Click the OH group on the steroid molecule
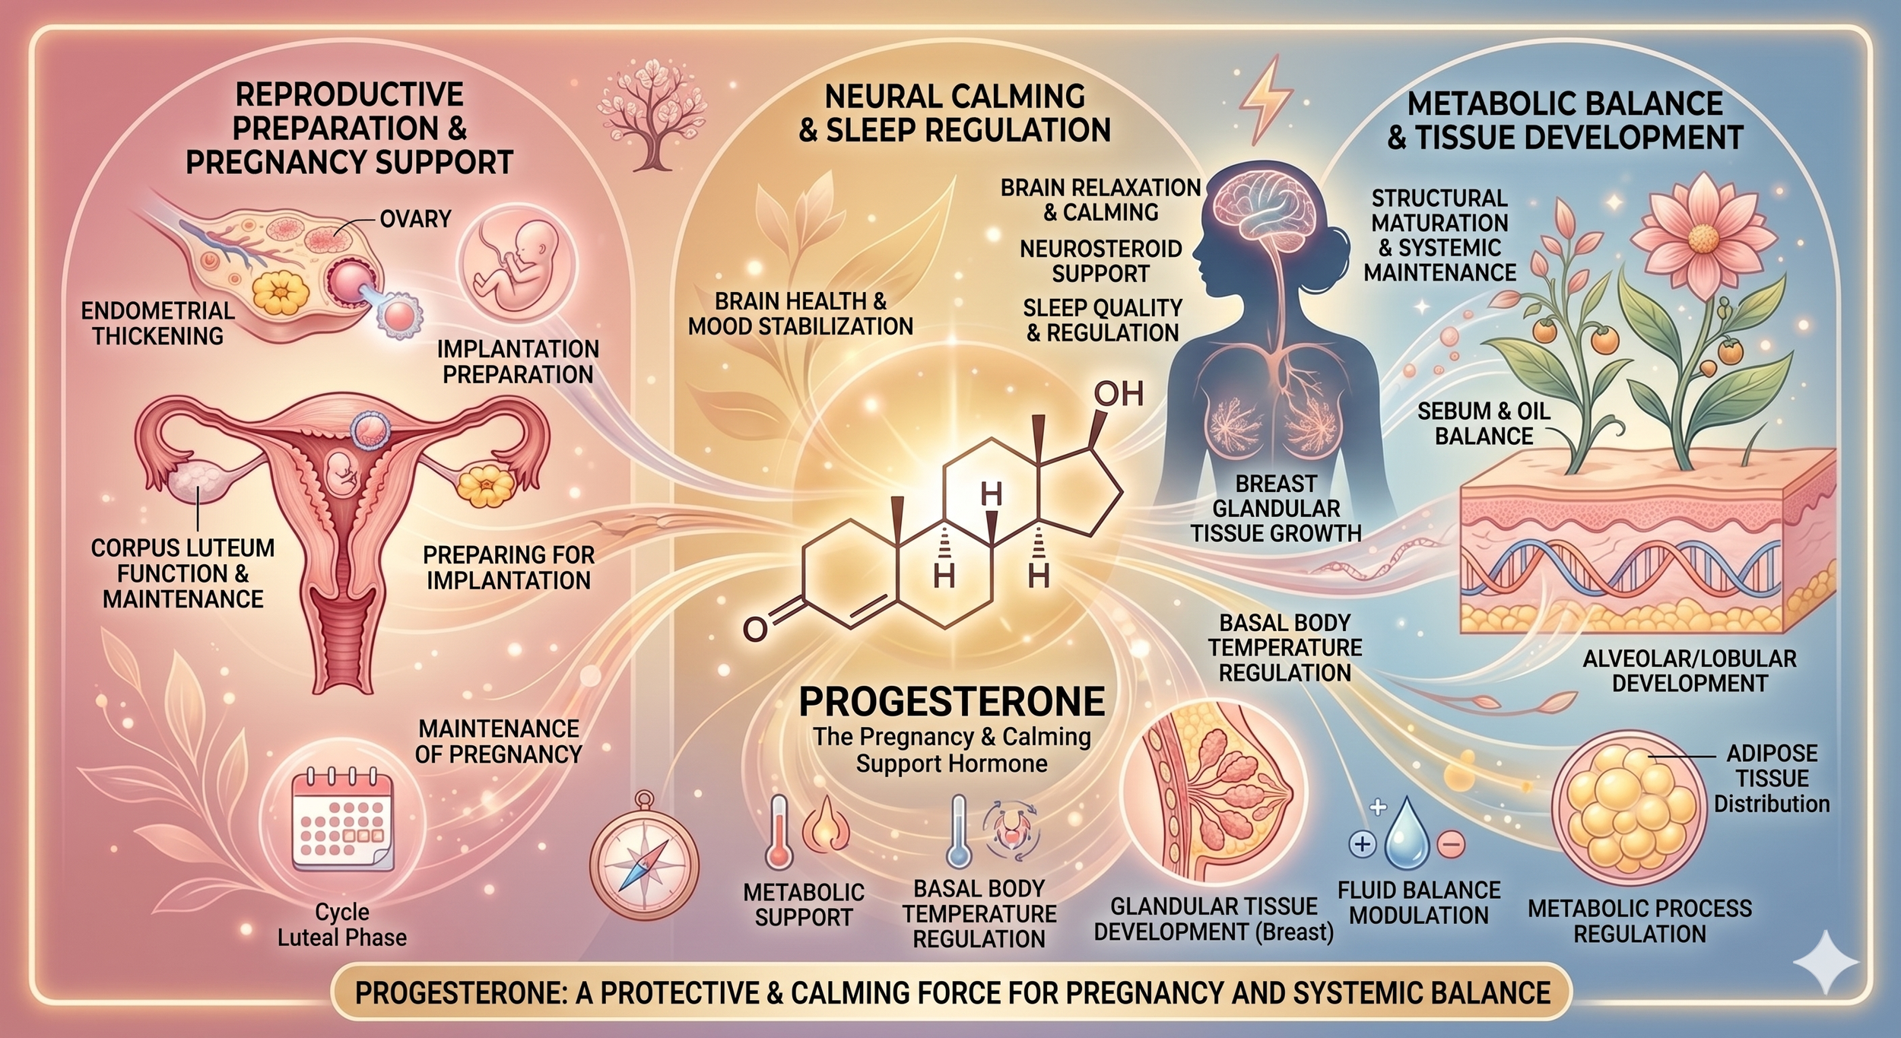tap(1118, 395)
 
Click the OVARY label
tap(415, 219)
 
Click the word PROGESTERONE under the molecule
tap(951, 701)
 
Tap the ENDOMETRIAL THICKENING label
tap(157, 323)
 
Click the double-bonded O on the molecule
tap(755, 629)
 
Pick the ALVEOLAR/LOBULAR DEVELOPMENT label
tap(1689, 670)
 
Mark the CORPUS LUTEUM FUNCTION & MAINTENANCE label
tap(182, 573)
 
